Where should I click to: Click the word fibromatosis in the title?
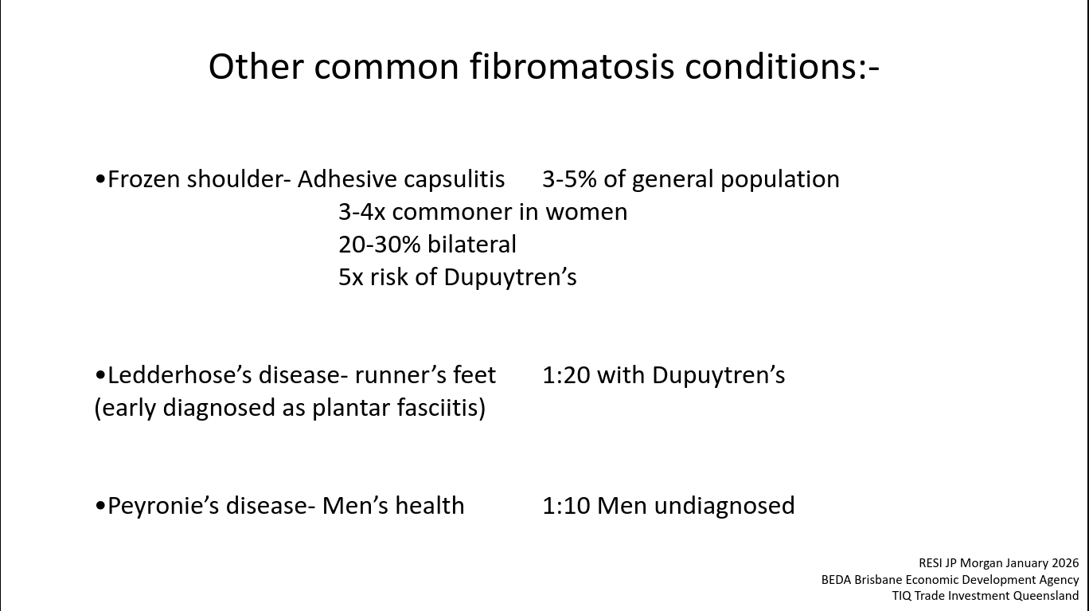[x=572, y=67]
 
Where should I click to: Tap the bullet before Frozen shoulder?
[x=100, y=179]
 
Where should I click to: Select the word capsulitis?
[x=454, y=179]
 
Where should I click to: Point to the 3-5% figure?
[x=569, y=179]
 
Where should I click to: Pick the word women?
[x=587, y=213]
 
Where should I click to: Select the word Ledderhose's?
[x=179, y=375]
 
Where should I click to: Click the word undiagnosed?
[x=724, y=506]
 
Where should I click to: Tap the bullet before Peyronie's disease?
[x=100, y=506]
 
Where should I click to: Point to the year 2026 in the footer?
[x=1065, y=563]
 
